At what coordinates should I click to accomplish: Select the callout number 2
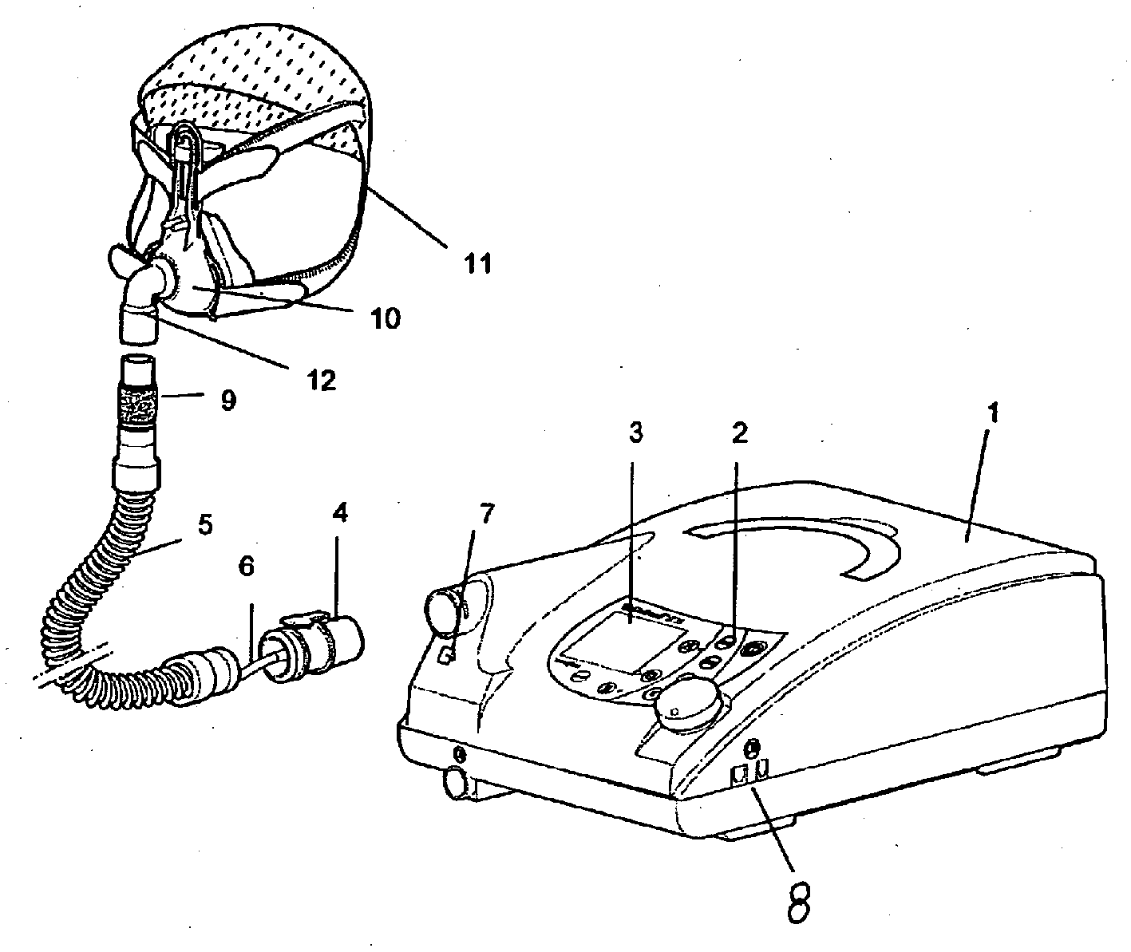click(741, 433)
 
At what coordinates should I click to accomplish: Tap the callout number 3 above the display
click(635, 432)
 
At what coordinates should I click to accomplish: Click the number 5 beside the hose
click(206, 527)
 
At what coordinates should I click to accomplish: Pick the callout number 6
click(247, 567)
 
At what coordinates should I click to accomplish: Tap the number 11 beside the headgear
click(477, 263)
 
